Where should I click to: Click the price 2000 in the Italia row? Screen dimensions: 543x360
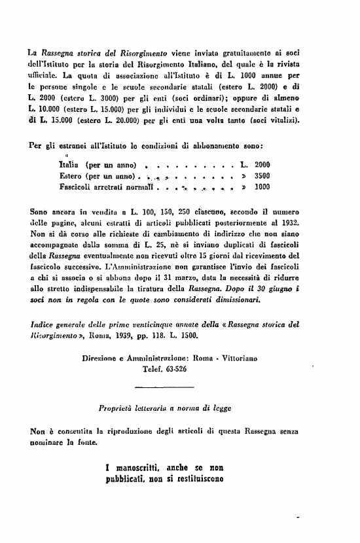click(262, 165)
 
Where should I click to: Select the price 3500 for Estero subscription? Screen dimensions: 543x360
click(262, 176)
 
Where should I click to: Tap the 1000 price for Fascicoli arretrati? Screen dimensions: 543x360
click(262, 186)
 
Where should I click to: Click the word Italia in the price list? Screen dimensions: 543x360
click(70, 165)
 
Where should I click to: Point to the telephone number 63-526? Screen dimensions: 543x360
click(170, 368)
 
